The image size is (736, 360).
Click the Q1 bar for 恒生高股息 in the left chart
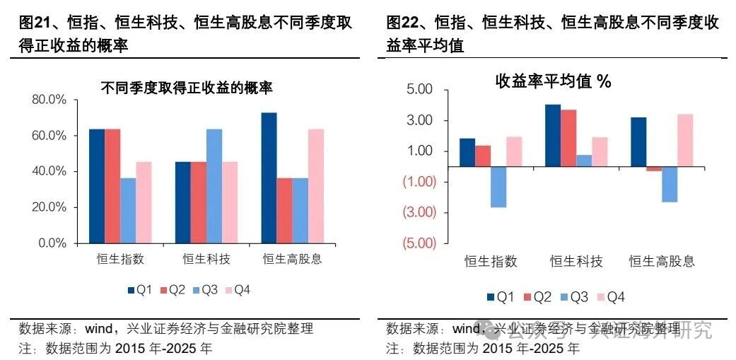(x=269, y=178)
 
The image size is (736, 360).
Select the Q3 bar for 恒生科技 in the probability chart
(x=214, y=186)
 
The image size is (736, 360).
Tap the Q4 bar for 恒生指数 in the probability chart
(x=144, y=202)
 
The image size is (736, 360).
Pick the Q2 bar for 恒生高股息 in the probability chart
(x=284, y=210)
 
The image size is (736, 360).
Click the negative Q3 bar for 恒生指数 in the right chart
(x=498, y=187)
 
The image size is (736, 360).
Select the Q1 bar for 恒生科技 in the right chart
(x=553, y=135)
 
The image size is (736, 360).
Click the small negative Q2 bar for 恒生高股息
(x=654, y=169)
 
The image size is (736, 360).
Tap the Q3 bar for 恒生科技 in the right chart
(x=584, y=161)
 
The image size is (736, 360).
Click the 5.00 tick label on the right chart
(x=419, y=90)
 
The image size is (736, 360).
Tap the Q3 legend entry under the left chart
(x=204, y=289)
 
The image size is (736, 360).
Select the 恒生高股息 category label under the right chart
(x=662, y=262)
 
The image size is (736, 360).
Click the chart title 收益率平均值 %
(x=552, y=81)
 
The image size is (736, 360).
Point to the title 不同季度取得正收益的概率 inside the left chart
(x=187, y=88)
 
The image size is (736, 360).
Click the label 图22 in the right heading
(x=404, y=23)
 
